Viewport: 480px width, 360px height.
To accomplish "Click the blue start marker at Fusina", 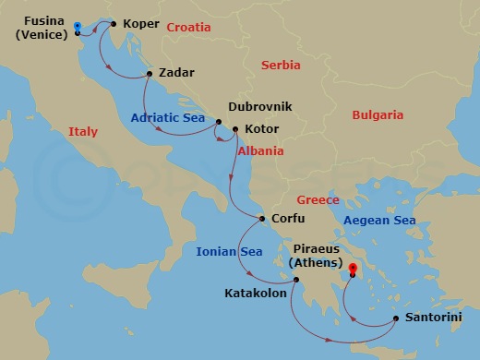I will pyautogui.click(x=77, y=27).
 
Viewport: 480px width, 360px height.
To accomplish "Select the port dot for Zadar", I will pyautogui.click(x=150, y=73).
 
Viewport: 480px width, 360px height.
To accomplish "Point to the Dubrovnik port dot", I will pyautogui.click(x=219, y=121).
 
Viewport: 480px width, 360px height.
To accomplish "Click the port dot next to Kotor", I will pyautogui.click(x=235, y=129).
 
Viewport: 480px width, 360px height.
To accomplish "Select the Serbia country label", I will pyautogui.click(x=282, y=66).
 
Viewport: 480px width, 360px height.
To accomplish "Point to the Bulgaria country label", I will pyautogui.click(x=378, y=115).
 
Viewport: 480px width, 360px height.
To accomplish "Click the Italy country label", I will pyautogui.click(x=82, y=133).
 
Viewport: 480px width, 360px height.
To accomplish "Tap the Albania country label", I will pyautogui.click(x=260, y=151).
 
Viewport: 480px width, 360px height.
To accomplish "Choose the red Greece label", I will pyautogui.click(x=318, y=200).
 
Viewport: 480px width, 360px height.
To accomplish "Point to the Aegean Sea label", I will pyautogui.click(x=379, y=221).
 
